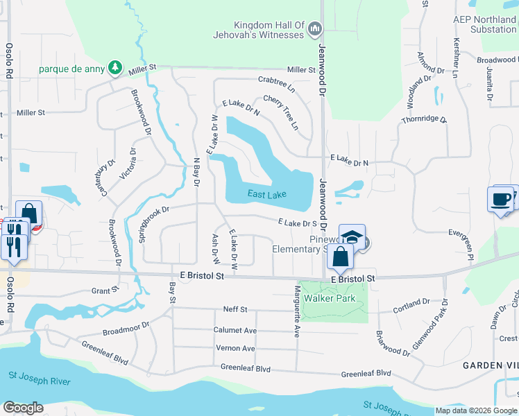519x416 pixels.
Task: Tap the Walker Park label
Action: [x=332, y=298]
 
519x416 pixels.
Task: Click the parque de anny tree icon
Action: [x=116, y=68]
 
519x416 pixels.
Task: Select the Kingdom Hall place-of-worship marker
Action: [x=315, y=28]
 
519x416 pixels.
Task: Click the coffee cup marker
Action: [x=500, y=200]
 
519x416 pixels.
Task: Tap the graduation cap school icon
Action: [x=352, y=236]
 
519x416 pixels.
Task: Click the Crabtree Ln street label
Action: [x=275, y=85]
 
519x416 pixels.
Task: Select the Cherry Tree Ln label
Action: [x=280, y=112]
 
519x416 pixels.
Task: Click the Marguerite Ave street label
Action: [x=297, y=311]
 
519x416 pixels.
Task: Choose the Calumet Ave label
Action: [x=235, y=331]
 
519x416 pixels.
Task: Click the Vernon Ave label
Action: [x=235, y=348]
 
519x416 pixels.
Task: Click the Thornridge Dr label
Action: [x=424, y=120]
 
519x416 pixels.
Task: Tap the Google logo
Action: [x=23, y=408]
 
